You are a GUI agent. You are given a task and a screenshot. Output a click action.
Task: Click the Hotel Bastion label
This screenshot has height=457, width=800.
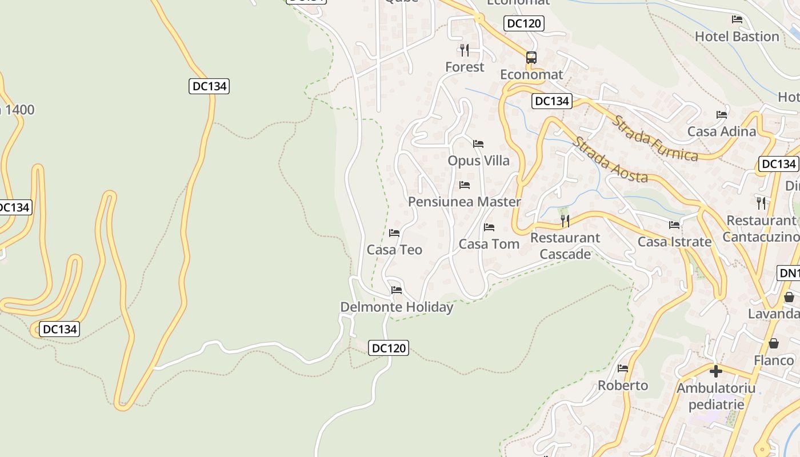click(737, 37)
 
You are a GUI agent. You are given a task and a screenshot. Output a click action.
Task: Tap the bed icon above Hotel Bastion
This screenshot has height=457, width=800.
click(737, 19)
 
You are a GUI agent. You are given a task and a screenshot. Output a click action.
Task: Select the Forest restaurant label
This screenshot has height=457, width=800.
click(465, 67)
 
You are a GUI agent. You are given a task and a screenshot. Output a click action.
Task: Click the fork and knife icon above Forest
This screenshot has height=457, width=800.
click(465, 50)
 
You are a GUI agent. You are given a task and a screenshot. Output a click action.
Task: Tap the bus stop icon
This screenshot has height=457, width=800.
click(531, 57)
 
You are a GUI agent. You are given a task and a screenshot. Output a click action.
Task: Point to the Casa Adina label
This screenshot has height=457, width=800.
click(721, 131)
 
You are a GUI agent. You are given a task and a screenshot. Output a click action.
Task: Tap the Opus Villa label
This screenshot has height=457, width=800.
click(478, 161)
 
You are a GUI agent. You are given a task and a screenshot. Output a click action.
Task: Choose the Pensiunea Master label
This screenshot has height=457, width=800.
click(464, 202)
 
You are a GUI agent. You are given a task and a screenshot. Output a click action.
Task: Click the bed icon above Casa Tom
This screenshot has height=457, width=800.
click(489, 227)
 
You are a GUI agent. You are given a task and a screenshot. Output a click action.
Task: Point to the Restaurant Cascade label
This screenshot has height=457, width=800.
click(565, 246)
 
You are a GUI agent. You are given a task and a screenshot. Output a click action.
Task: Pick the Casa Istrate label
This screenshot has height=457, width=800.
click(674, 242)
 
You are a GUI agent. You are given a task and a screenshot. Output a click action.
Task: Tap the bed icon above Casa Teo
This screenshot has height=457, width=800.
click(394, 233)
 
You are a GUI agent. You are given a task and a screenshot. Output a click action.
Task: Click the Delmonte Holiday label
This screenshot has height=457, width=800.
click(397, 307)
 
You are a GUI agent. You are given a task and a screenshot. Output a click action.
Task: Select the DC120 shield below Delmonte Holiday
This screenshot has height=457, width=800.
click(389, 347)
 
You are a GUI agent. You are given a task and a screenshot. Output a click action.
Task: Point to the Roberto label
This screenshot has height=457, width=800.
click(623, 386)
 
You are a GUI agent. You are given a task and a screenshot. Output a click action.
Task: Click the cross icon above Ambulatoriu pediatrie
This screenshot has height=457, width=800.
click(715, 371)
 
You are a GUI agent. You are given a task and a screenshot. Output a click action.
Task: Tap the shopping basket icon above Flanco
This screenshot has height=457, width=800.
click(773, 343)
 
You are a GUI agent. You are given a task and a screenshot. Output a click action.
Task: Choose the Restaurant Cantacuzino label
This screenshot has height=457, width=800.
click(761, 228)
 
